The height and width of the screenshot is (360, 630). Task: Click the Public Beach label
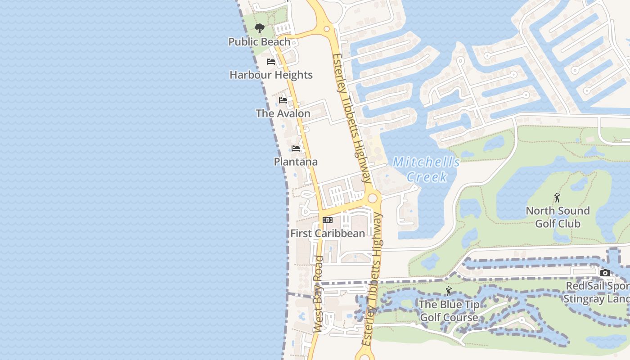point(259,42)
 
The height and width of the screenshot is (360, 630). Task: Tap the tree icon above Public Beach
point(259,29)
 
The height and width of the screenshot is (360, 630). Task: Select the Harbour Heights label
point(271,75)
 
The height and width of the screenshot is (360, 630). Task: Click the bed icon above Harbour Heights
point(271,62)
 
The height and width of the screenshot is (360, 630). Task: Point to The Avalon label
point(283,113)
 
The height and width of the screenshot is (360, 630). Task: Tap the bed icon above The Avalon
point(283,100)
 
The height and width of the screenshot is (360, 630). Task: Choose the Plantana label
point(296,162)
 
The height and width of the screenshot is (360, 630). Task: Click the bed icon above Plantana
point(296,148)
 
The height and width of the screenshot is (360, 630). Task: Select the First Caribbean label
point(328,234)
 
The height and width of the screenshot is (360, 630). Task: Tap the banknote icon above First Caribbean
point(328,220)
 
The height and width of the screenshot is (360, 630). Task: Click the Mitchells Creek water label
point(426,169)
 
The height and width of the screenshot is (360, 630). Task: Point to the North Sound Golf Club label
point(558,217)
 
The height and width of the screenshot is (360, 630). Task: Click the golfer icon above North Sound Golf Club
point(557,198)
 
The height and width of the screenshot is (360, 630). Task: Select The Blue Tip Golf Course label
point(449,311)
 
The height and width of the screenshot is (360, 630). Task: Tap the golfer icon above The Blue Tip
point(448,291)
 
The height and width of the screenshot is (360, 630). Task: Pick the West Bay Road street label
point(318,295)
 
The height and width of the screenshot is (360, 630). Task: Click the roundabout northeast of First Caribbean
point(372,198)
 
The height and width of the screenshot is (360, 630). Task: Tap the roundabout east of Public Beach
point(327,29)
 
